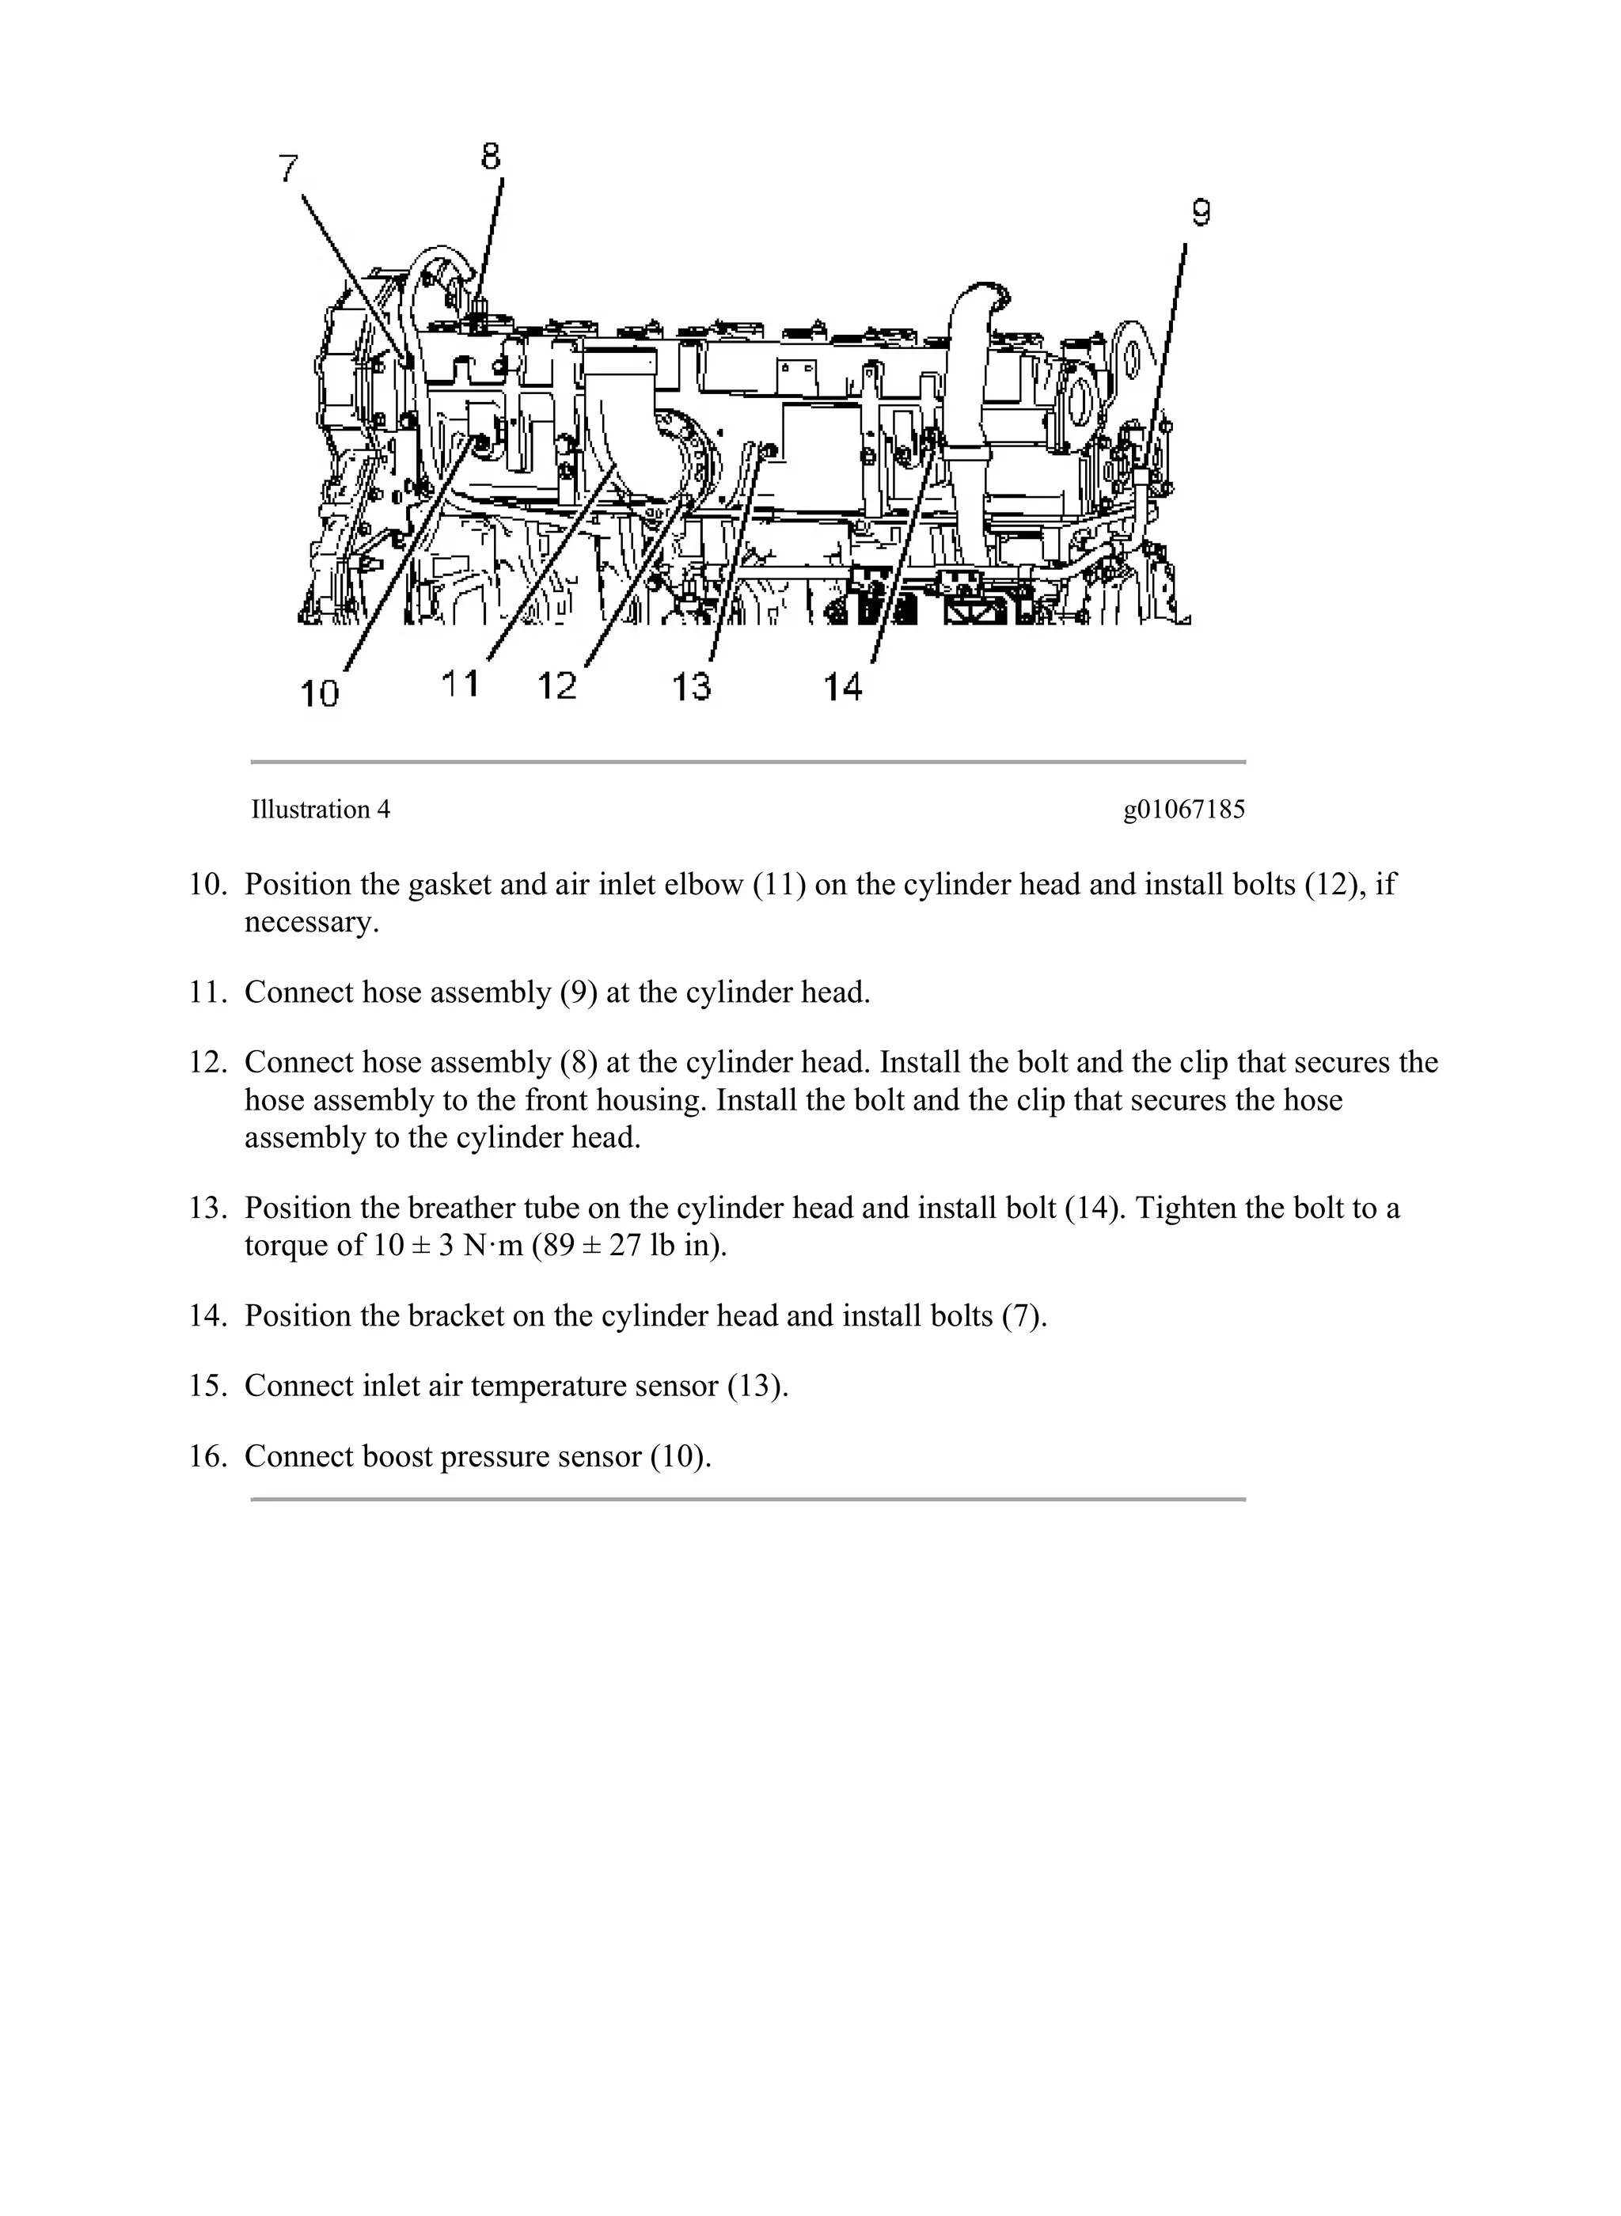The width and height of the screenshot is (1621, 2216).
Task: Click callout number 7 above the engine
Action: (x=287, y=169)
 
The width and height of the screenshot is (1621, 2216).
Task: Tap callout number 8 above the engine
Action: (x=491, y=156)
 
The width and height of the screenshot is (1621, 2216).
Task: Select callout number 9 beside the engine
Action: (x=1201, y=213)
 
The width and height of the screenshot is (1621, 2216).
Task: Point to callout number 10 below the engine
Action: (x=319, y=693)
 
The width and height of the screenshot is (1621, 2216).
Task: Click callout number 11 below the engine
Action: (x=460, y=683)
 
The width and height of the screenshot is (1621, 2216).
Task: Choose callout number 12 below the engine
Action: (x=557, y=685)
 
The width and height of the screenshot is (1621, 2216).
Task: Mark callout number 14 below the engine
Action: (x=842, y=688)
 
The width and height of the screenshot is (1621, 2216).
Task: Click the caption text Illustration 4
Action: (x=320, y=810)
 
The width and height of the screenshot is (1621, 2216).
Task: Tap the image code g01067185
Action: (x=1183, y=810)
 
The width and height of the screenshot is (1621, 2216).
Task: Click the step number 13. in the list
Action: (x=207, y=1208)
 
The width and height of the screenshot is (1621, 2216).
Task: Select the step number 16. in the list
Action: (x=207, y=1455)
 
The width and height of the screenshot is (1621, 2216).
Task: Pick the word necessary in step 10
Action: (x=309, y=923)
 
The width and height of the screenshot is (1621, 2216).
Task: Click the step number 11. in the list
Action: (x=207, y=992)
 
